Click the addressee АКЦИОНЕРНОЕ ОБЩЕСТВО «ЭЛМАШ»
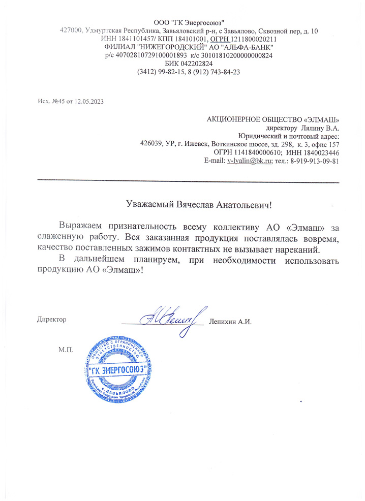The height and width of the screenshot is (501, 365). (x=272, y=119)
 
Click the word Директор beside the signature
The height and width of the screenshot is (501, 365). (x=52, y=320)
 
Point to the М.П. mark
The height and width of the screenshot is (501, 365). (x=66, y=351)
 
